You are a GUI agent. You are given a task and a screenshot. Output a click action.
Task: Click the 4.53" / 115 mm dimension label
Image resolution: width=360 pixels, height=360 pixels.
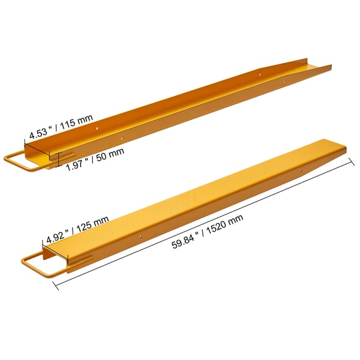tap(61, 127)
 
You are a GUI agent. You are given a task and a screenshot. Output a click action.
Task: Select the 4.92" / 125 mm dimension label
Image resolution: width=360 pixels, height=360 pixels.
tap(77, 230)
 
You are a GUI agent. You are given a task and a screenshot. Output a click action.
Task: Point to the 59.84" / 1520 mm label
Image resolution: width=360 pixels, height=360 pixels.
tap(208, 232)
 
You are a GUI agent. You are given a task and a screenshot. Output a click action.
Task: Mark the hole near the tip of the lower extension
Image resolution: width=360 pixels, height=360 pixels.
tap(301, 170)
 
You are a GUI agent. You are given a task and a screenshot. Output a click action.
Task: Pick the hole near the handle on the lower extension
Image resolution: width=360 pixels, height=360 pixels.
tap(141, 236)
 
